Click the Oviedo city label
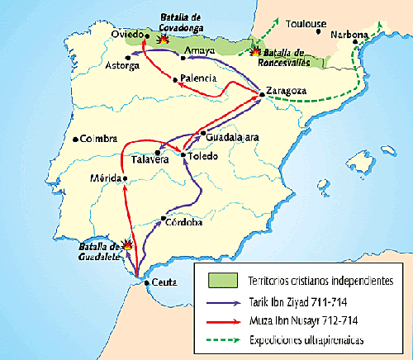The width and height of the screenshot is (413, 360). tap(126, 35)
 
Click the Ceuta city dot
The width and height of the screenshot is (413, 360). tap(146, 283)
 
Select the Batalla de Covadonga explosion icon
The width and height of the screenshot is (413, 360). tap(164, 37)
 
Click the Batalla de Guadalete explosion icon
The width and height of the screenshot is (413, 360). tap(126, 244)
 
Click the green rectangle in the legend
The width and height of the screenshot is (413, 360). tap(221, 280)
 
